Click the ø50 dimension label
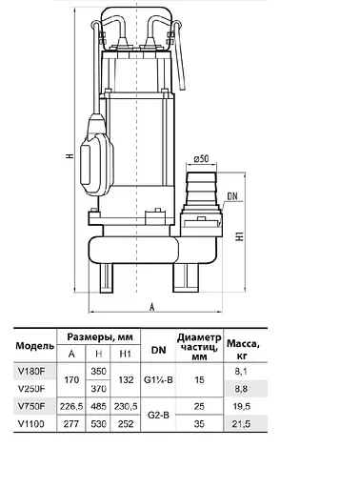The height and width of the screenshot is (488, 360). pyautogui.click(x=201, y=158)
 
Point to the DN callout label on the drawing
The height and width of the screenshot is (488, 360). pyautogui.click(x=232, y=196)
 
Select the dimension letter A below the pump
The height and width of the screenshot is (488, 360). pyautogui.click(x=152, y=307)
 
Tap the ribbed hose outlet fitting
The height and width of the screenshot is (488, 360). pyautogui.click(x=201, y=189)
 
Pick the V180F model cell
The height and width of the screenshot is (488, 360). pyautogui.click(x=31, y=371)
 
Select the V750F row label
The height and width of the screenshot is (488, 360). pyautogui.click(x=31, y=406)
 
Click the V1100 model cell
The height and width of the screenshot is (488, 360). pyautogui.click(x=31, y=424)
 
